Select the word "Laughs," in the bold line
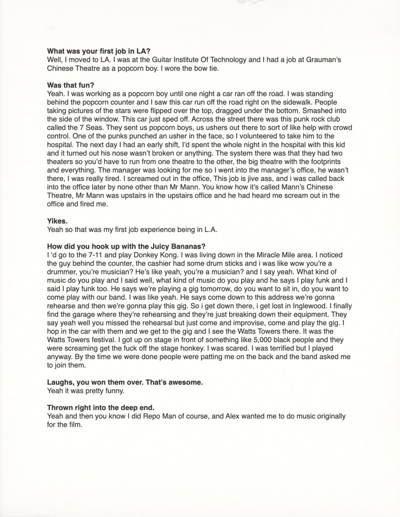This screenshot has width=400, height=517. [62, 382]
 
